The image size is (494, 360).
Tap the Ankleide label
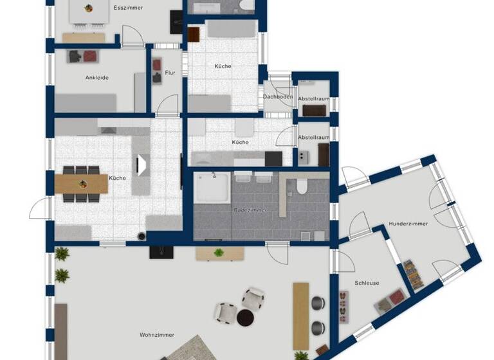coord(97,78)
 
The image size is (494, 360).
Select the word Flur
coord(170,73)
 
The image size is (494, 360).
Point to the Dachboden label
coord(278,97)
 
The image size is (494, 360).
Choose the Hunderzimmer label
coord(408,224)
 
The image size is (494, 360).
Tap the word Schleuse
coord(367,283)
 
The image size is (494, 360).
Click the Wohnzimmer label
coord(157,334)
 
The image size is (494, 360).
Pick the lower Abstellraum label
coord(314,137)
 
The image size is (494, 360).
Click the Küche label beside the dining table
coord(117,177)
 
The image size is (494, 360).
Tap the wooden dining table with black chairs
coord(82,183)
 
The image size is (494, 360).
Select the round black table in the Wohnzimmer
coord(246,317)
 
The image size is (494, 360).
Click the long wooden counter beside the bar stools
coord(301,316)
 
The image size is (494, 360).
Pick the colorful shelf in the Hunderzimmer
coord(411,274)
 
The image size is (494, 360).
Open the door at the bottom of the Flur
coord(168,107)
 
